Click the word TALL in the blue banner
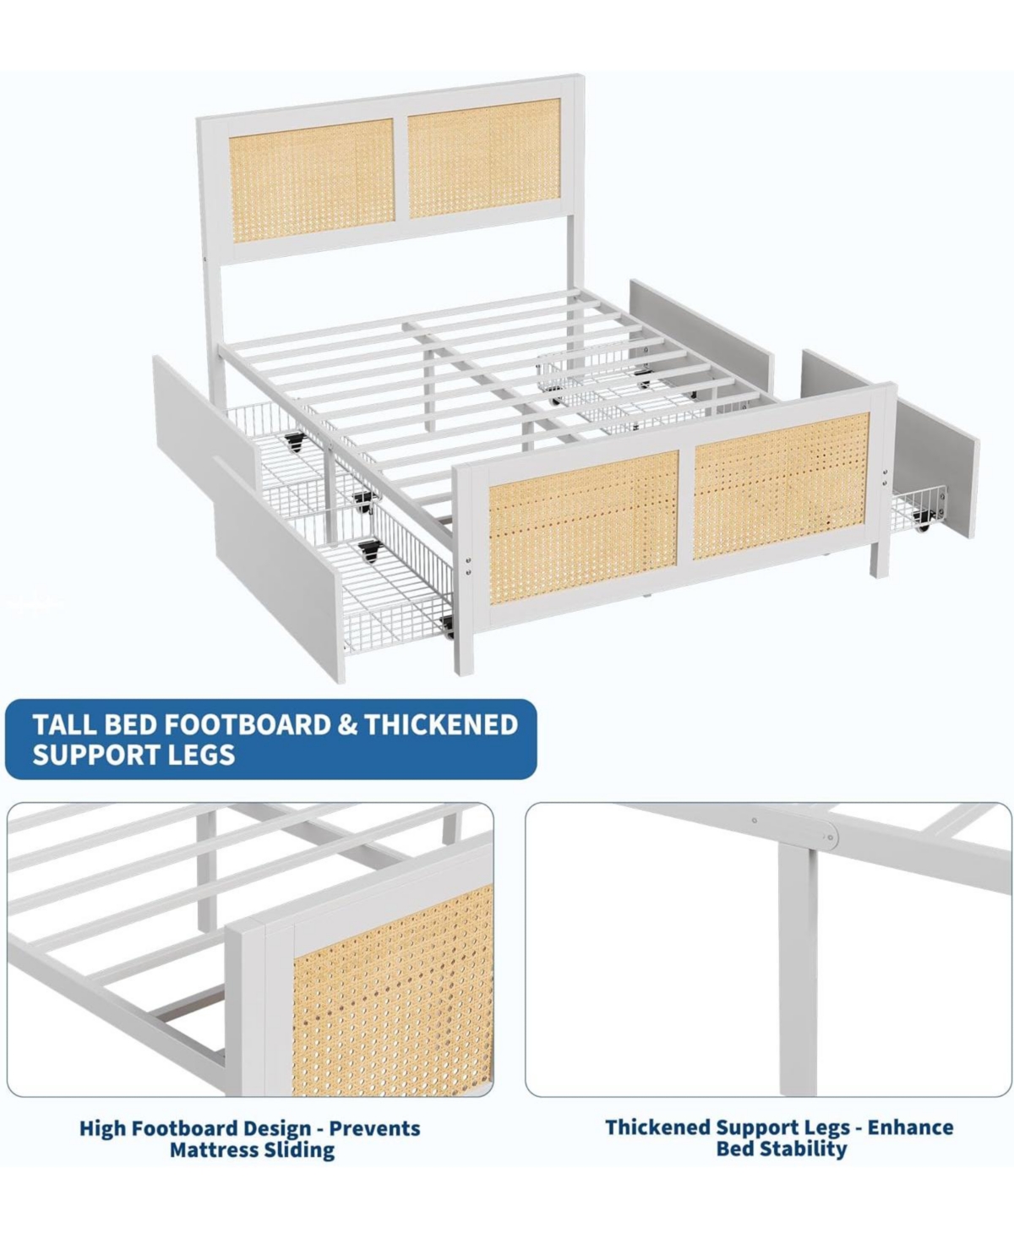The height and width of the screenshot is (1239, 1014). point(64,724)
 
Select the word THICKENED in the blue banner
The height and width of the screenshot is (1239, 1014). point(441,724)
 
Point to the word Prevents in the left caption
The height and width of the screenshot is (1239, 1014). point(374,1128)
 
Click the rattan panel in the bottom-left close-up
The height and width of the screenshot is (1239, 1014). point(393,989)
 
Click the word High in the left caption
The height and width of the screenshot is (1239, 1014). point(103,1128)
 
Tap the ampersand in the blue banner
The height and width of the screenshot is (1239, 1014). point(346,724)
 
